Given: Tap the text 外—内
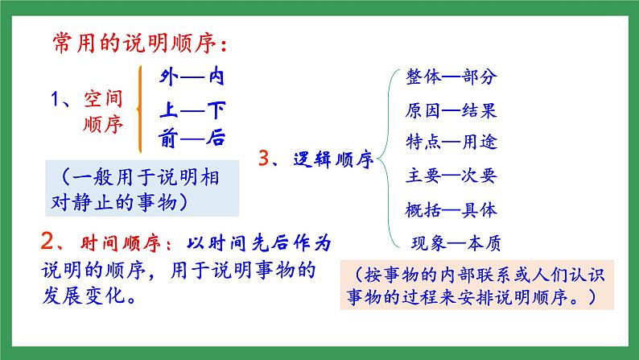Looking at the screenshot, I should [x=192, y=77].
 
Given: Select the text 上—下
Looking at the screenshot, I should [x=192, y=108].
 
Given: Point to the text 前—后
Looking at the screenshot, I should [x=192, y=138].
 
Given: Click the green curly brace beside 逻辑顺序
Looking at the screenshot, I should [x=384, y=159].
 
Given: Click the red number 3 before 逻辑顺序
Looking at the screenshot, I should [x=263, y=159].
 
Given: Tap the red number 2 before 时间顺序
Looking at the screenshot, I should [x=47, y=242].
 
